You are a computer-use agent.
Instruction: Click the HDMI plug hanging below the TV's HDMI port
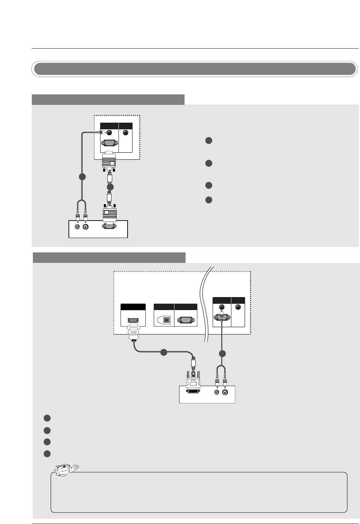coord(133,334)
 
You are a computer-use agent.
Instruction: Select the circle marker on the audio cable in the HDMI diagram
coord(222,354)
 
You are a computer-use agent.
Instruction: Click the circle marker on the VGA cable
coord(110,187)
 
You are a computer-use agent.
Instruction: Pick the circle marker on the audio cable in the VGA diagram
coord(82,177)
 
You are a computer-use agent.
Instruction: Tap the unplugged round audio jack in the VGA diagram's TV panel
coord(126,133)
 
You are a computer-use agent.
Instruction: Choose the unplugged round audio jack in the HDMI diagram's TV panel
coord(238,307)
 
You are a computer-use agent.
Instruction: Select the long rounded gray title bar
coord(195,69)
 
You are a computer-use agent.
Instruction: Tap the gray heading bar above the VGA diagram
coord(108,100)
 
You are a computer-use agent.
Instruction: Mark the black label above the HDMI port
coord(133,307)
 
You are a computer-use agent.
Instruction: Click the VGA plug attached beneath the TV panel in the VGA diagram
coord(109,162)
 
